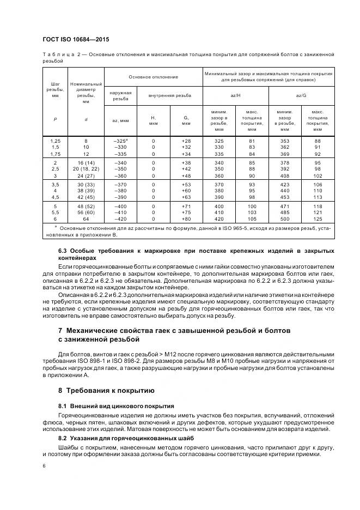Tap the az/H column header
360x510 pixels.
236,95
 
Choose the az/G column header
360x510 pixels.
301,95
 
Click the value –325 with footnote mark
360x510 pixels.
119,141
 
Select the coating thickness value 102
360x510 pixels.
318,176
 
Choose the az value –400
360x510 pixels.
120,208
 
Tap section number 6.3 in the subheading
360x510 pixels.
64,250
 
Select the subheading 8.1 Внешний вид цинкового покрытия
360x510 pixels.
116,406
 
